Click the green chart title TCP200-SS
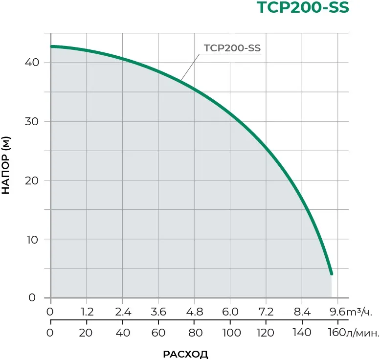pyautogui.click(x=303, y=9)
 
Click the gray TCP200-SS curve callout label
pyautogui.click(x=232, y=48)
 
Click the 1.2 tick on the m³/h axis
pyautogui.click(x=87, y=312)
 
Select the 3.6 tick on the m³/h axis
pyautogui.click(x=158, y=312)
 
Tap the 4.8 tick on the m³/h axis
pyautogui.click(x=194, y=312)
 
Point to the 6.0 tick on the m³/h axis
pyautogui.click(x=230, y=312)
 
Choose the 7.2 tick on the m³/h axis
pyautogui.click(x=266, y=312)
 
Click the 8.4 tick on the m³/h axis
pyautogui.click(x=302, y=312)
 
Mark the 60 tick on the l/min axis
pyautogui.click(x=158, y=333)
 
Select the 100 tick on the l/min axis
pyautogui.click(x=230, y=333)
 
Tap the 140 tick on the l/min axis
pyautogui.click(x=302, y=333)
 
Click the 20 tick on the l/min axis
pyautogui.click(x=87, y=333)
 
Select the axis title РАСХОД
pyautogui.click(x=185, y=354)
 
